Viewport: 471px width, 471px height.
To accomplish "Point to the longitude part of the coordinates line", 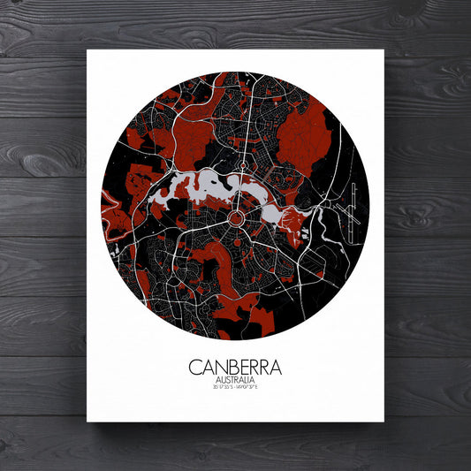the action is point(254,389).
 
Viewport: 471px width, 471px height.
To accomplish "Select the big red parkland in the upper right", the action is point(305,137).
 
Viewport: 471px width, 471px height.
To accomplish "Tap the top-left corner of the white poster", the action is point(87,51).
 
